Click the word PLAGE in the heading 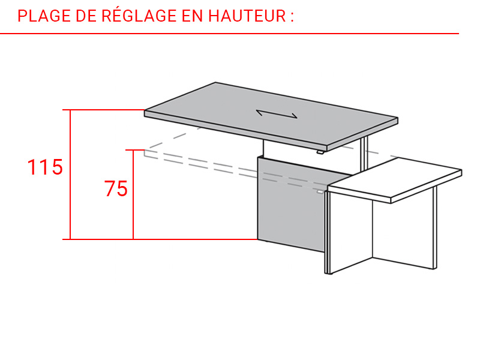click(x=44, y=16)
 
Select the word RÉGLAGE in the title click(x=139, y=16)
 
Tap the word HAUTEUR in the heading click(x=247, y=16)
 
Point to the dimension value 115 click(x=45, y=167)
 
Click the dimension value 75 click(x=116, y=188)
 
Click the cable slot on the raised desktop click(x=277, y=113)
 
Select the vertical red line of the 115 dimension click(x=70, y=175)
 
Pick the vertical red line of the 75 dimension click(x=133, y=194)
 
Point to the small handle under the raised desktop click(x=320, y=152)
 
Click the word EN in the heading click(x=192, y=16)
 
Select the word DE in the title click(x=86, y=16)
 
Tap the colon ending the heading click(x=292, y=17)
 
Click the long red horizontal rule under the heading click(x=229, y=34)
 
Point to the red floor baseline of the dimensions click(x=160, y=239)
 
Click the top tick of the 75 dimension click(x=135, y=150)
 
